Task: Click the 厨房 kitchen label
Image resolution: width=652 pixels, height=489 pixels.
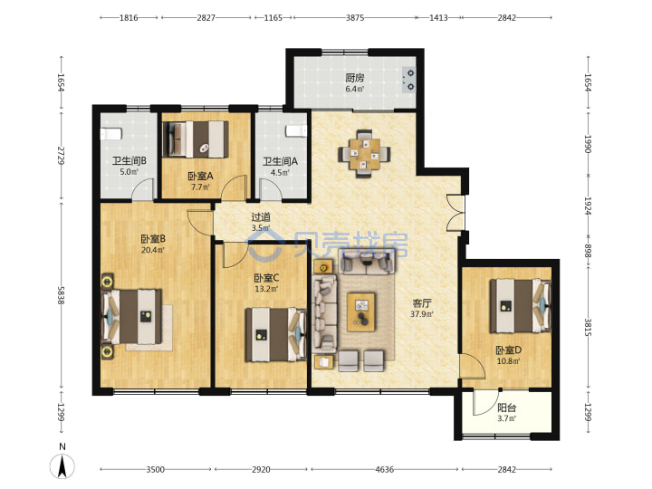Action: point(355,78)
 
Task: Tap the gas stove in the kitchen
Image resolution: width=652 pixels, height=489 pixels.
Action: point(409,80)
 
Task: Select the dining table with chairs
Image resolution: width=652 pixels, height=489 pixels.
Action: point(364,154)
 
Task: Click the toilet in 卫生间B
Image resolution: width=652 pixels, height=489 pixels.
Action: point(111,134)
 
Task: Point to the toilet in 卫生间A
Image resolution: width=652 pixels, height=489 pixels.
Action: point(296,131)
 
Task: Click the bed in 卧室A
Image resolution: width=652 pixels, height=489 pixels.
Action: point(196,139)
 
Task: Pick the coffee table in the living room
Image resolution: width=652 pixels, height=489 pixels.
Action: point(361,312)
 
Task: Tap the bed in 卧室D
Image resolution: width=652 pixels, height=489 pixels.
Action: point(520,306)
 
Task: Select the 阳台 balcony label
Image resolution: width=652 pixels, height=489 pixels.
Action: point(506,407)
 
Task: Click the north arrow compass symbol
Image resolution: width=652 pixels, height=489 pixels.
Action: point(62,463)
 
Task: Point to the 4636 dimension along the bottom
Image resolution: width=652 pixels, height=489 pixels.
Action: point(384,469)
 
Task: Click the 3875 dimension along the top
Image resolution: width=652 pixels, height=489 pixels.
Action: point(355,17)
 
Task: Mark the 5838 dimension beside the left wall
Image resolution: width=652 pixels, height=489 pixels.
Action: point(62,295)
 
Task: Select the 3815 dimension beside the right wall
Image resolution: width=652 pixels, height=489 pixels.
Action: point(588,328)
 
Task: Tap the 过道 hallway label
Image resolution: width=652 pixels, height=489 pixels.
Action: point(261,217)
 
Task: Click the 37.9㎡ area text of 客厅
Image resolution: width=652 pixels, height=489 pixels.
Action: point(422,314)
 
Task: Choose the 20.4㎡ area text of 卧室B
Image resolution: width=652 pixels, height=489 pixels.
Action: point(153,250)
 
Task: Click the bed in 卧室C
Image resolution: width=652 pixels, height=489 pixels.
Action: point(275,334)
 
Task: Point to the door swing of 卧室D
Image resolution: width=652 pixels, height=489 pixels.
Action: point(473,366)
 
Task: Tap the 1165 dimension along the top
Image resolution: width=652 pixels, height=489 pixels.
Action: point(273,17)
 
